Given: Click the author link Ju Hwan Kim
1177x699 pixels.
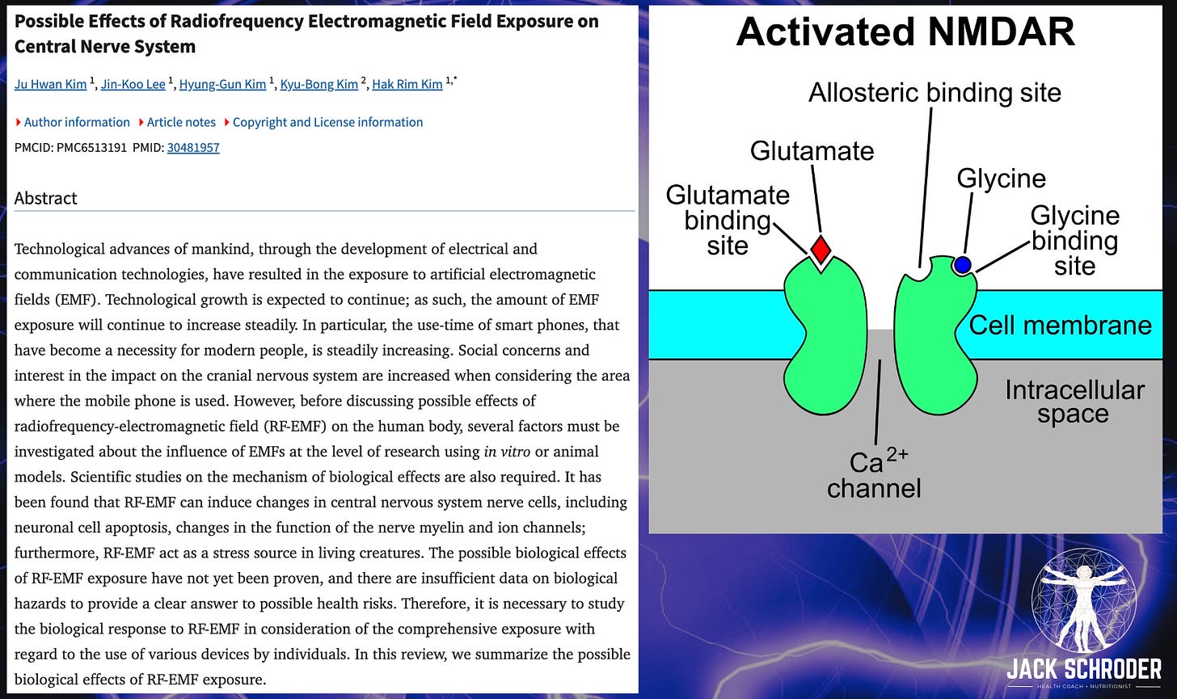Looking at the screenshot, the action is click(49, 84).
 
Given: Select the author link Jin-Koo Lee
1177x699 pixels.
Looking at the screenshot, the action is click(133, 84).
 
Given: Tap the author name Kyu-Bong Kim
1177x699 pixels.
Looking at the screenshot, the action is click(319, 84).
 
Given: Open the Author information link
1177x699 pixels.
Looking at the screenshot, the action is click(77, 122).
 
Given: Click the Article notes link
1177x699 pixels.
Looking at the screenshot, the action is click(181, 122).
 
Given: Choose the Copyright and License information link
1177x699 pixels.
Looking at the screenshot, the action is click(327, 122).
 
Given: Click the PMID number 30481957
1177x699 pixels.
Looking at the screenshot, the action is click(193, 147).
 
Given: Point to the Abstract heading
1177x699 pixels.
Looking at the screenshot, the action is click(46, 198).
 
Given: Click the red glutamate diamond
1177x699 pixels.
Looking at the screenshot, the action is click(821, 249).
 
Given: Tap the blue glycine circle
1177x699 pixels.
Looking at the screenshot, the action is click(962, 264).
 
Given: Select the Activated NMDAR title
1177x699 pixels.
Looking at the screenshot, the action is click(905, 32).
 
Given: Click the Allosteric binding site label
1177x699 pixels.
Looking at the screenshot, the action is click(934, 93).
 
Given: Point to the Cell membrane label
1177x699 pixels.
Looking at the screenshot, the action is click(1060, 325).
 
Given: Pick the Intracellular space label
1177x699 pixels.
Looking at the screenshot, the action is click(1074, 402).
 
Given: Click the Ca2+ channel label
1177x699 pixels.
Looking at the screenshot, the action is click(874, 475).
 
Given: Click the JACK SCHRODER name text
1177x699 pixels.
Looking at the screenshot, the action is click(1083, 670).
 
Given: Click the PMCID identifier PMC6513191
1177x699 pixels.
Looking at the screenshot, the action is click(91, 147).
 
